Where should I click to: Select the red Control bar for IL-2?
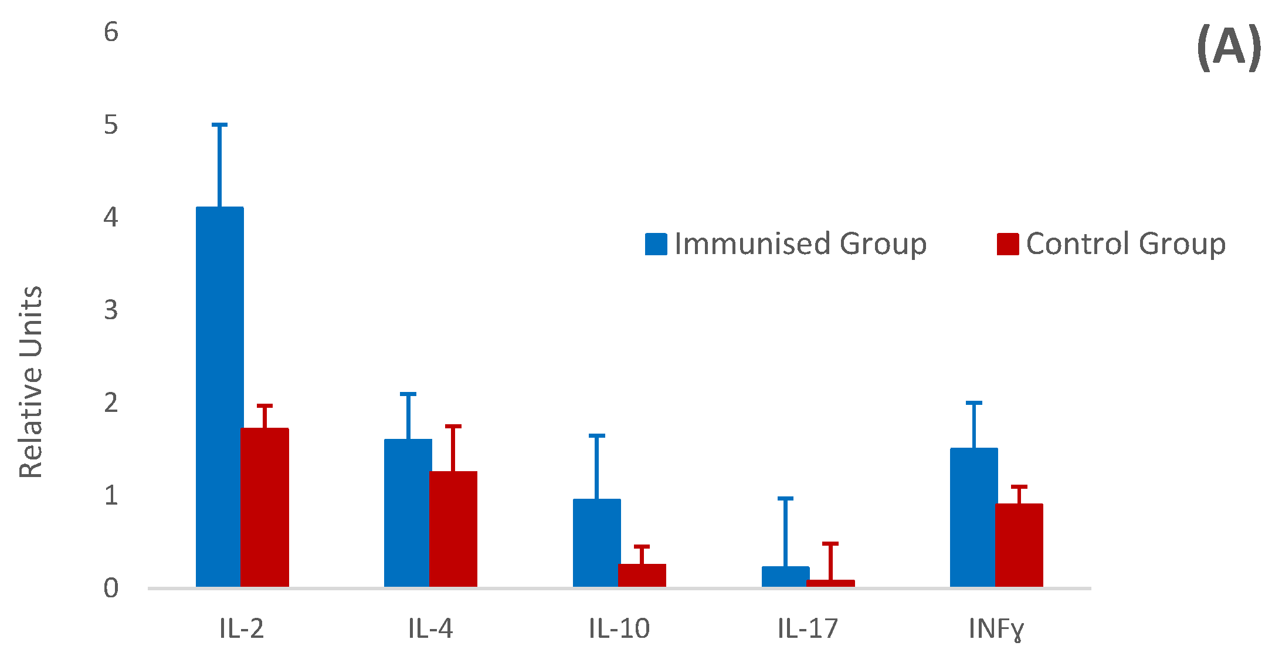coord(264,508)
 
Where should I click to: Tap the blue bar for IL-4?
coord(408,513)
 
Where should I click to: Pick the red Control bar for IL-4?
coord(453,529)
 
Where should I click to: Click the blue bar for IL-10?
coord(596,543)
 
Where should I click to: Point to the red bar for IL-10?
coord(642,575)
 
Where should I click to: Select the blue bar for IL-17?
coord(785,576)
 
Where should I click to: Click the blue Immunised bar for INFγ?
coord(973,517)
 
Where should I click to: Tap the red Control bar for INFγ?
coord(1019,545)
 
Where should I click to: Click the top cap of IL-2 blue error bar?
coord(219,125)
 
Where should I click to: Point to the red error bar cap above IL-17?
coord(830,544)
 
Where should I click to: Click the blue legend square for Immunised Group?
coord(656,244)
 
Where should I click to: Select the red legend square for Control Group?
coord(1008,244)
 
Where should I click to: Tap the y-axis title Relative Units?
coord(30,381)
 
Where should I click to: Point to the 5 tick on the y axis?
coord(111,125)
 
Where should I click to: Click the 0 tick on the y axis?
coord(111,588)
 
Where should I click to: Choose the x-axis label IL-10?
coord(619,628)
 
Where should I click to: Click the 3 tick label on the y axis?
coord(111,310)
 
